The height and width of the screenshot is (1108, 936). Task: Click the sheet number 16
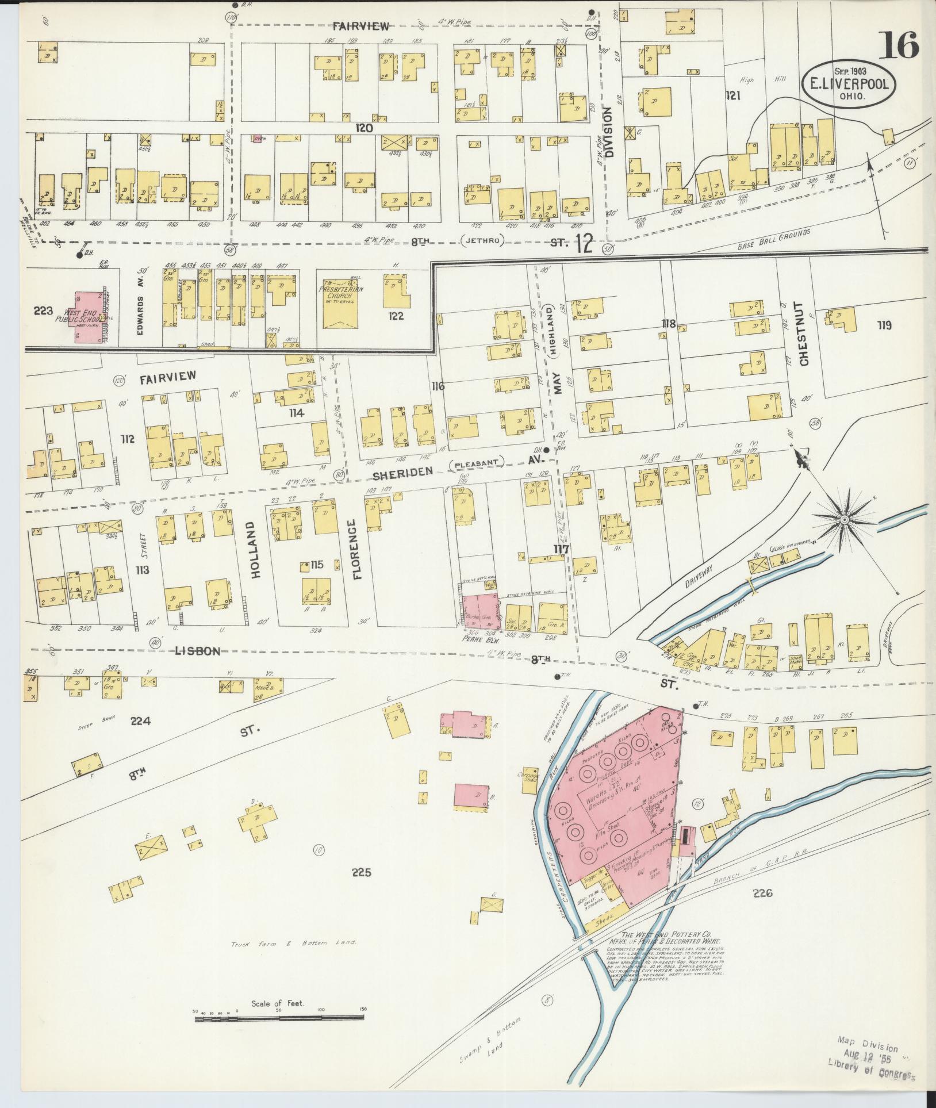(x=900, y=45)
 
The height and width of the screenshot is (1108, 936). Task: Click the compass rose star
(x=845, y=520)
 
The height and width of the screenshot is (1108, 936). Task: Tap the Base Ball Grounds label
(x=774, y=240)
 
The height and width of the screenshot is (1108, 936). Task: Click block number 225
(x=362, y=888)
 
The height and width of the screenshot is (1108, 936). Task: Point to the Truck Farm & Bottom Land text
(x=294, y=943)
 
